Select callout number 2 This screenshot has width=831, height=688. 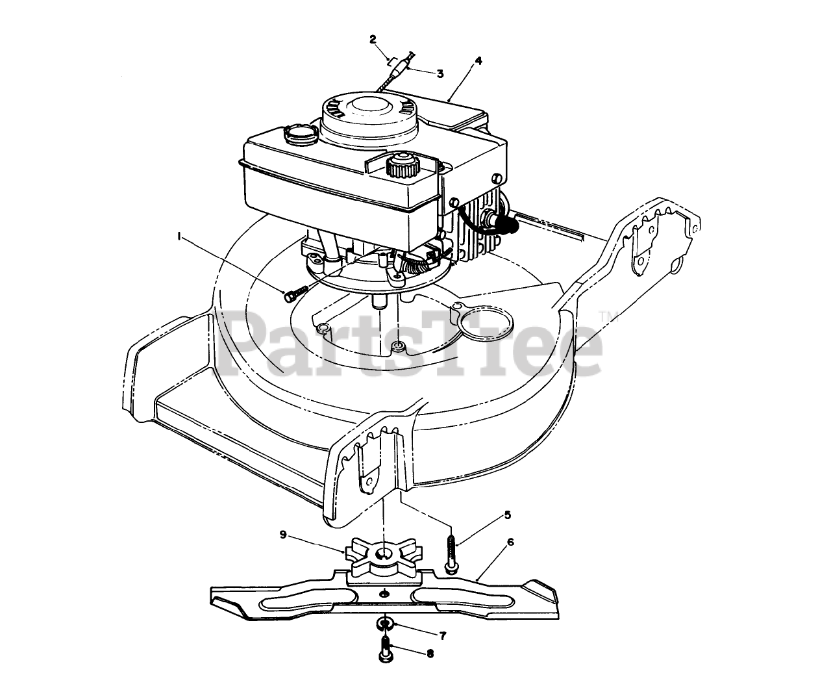(x=373, y=39)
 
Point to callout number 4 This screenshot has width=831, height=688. (x=478, y=60)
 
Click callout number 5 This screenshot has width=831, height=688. (x=508, y=515)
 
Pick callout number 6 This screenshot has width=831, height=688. (x=511, y=541)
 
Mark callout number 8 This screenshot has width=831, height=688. (x=430, y=654)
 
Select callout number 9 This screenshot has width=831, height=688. (x=283, y=534)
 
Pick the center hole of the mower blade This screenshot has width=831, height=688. (x=386, y=592)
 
